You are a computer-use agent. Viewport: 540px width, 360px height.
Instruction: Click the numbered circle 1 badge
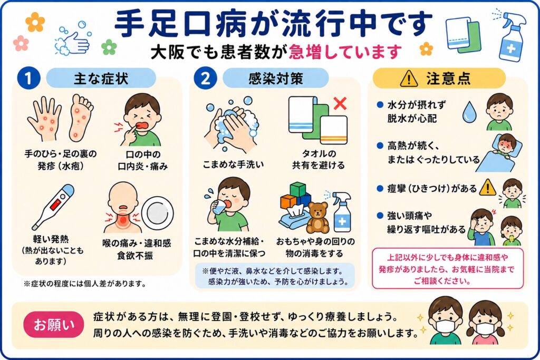point(28,79)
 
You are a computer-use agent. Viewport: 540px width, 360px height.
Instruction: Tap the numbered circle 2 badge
point(205,79)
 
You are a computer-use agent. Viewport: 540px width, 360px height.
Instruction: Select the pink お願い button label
point(54,325)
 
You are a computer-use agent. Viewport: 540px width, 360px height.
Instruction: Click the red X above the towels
point(340,103)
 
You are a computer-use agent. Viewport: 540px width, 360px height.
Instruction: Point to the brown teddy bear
point(317,217)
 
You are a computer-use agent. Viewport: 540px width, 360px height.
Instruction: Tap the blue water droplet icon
point(469,112)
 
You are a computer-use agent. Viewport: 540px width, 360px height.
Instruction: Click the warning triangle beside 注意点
point(409,79)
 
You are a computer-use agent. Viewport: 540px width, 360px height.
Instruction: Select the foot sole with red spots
point(81,118)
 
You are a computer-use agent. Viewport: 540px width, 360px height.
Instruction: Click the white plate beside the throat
point(157,213)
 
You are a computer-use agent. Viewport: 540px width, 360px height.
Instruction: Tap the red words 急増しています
point(345,52)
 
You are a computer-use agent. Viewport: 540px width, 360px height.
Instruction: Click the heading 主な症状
point(101,79)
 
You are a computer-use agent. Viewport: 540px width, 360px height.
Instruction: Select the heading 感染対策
point(276,79)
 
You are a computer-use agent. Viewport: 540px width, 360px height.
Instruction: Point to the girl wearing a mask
point(485,323)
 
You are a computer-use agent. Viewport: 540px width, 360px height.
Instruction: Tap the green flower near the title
point(109,47)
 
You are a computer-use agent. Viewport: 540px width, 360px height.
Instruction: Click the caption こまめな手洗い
point(233,164)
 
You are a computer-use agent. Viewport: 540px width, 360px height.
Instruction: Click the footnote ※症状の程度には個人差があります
point(85,284)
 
